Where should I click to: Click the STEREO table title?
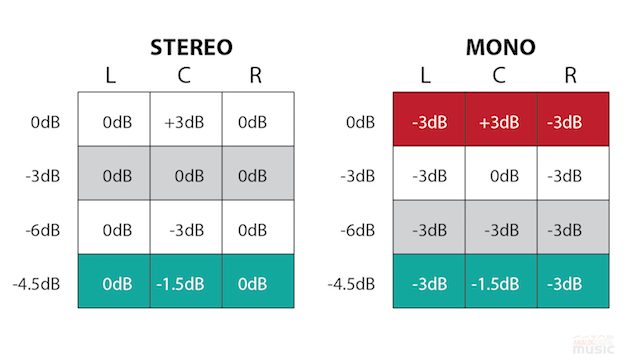(190, 47)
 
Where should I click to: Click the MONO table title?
(499, 47)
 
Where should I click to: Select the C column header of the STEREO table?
(186, 75)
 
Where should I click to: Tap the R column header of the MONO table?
(571, 75)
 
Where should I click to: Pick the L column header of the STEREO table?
(114, 75)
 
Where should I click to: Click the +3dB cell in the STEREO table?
(186, 122)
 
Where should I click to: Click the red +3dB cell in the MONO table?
(500, 122)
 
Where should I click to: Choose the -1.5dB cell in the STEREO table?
(186, 283)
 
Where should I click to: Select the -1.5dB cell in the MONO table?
(500, 283)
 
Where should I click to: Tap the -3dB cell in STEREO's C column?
(186, 229)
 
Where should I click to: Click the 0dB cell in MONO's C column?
(500, 176)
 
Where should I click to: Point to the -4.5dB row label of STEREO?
(37, 283)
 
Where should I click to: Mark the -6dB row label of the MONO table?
(357, 229)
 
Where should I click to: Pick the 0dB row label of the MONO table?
(359, 122)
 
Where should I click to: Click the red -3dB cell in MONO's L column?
(429, 122)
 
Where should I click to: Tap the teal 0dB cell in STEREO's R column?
(257, 283)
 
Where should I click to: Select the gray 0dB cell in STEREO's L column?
(114, 176)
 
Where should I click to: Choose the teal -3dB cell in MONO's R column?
(571, 283)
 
